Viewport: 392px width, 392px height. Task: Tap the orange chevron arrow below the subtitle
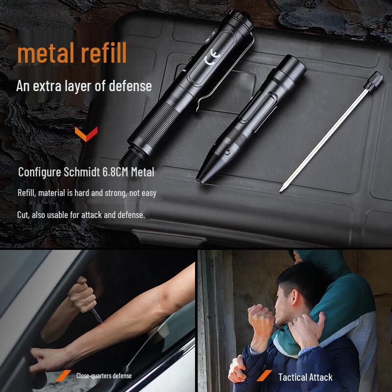pyautogui.click(x=85, y=134)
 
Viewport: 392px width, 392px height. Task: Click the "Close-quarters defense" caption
pyautogui.click(x=104, y=376)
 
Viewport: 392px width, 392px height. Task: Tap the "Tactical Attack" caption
pyautogui.click(x=305, y=377)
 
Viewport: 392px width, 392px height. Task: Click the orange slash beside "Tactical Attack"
pyautogui.click(x=265, y=376)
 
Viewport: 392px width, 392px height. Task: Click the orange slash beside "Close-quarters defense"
pyautogui.click(x=63, y=376)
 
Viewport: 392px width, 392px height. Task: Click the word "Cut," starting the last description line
pyautogui.click(x=24, y=215)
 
